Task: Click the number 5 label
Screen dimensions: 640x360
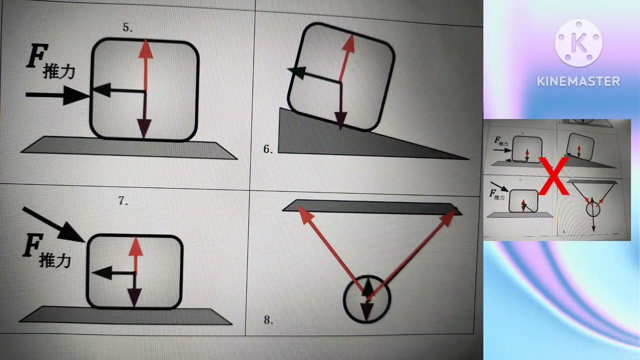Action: pyautogui.click(x=127, y=27)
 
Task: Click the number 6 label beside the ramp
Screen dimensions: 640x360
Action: pyautogui.click(x=267, y=149)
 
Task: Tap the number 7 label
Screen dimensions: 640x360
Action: pyautogui.click(x=123, y=200)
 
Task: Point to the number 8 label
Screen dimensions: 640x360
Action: pyautogui.click(x=268, y=319)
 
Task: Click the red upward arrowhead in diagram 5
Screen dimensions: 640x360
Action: pyautogui.click(x=146, y=49)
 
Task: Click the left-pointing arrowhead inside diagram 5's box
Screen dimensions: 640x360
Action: pyautogui.click(x=101, y=90)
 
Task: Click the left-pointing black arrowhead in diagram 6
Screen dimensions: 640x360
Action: pyautogui.click(x=297, y=72)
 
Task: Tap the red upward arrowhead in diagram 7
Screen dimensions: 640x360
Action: pyautogui.click(x=135, y=246)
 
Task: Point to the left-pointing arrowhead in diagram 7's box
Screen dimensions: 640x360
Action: pyautogui.click(x=102, y=272)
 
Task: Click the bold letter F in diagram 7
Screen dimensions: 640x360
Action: pyautogui.click(x=32, y=245)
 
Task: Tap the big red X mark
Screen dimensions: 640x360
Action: pyautogui.click(x=554, y=176)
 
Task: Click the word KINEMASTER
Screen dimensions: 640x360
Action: pyautogui.click(x=578, y=81)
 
